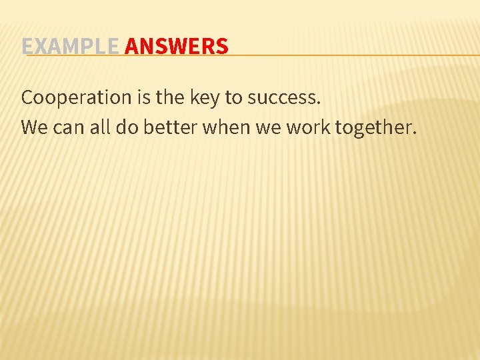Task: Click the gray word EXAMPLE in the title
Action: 70,47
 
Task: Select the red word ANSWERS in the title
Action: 176,47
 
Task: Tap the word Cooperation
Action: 77,97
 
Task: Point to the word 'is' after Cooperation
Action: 144,97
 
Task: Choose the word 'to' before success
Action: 233,97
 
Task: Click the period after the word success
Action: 319,103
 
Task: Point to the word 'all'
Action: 99,127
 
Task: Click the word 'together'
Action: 373,127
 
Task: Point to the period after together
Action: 414,132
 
